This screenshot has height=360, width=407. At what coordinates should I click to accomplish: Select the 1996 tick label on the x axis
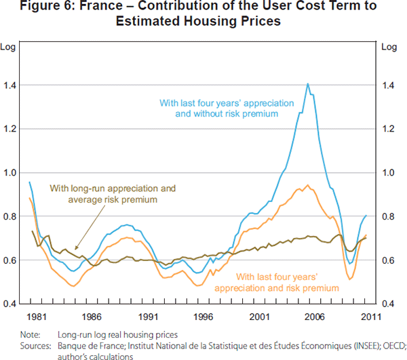[205, 316]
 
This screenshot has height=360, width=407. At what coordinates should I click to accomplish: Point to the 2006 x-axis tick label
[316, 316]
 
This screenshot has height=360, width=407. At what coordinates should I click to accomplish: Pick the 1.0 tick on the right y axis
[390, 173]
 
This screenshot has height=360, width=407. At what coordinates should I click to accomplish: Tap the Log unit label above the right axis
[390, 47]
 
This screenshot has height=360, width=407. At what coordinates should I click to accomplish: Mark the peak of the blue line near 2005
[308, 84]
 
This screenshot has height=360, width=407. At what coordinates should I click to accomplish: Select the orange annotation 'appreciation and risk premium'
[276, 287]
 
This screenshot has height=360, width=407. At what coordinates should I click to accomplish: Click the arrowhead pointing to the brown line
[75, 251]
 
